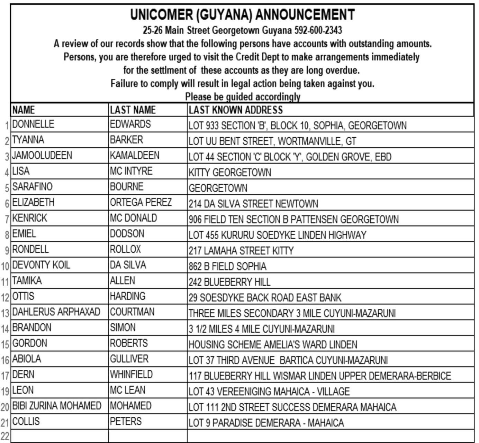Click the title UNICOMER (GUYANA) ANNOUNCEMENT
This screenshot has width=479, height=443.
[x=242, y=15]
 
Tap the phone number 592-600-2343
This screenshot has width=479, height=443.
[x=318, y=30]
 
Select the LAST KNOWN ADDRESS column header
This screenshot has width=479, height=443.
[x=235, y=110]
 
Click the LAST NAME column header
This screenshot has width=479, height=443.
[x=133, y=110]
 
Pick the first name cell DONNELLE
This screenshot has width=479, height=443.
[x=33, y=124]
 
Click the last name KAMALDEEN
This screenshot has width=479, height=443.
[x=135, y=155]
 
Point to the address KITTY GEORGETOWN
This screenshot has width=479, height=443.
[x=230, y=172]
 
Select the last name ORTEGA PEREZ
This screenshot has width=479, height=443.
[x=141, y=202]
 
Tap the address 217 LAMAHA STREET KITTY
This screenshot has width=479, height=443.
[x=241, y=250]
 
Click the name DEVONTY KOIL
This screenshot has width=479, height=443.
[x=41, y=265]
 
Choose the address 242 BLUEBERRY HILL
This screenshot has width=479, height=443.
[x=229, y=282]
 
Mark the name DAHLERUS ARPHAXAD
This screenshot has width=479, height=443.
[x=56, y=312]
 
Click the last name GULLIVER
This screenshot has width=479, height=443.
[x=129, y=359]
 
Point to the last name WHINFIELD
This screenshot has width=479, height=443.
[x=131, y=375]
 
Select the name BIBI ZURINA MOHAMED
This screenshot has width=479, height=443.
[x=57, y=406]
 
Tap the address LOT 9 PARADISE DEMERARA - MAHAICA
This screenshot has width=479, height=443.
[x=266, y=423]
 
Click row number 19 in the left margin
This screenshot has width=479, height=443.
[x=5, y=391]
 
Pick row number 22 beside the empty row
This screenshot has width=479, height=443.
[x=5, y=436]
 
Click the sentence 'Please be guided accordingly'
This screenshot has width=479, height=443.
[x=243, y=96]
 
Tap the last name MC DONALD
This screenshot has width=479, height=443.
[x=133, y=218]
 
